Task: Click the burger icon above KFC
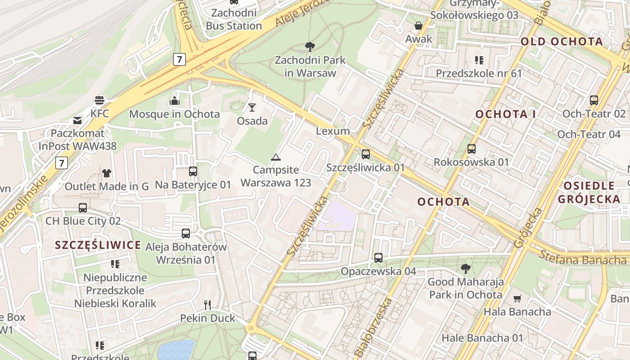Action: pos(99,100)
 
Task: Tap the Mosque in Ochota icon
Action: pos(175,101)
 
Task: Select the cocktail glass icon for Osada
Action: pos(252,107)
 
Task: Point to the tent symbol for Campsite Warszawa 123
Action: pos(275,157)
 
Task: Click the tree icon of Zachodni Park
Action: pos(310,46)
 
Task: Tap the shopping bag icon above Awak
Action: pos(418,25)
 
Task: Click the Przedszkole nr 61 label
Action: pos(479,73)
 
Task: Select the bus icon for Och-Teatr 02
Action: pos(594,100)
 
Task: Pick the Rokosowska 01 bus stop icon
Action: pos(471,148)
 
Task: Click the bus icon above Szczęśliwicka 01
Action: pos(365,154)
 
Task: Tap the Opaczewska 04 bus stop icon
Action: pos(378,258)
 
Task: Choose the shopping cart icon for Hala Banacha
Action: pos(517,298)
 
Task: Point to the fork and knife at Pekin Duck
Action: pos(207,305)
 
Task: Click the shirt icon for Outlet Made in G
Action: pos(107,173)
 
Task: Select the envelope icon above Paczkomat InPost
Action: pos(77,120)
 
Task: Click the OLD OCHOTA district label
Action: pos(562,42)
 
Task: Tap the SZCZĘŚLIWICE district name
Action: pos(98,245)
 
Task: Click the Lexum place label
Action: pos(333,131)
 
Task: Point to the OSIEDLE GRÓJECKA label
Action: pos(589,192)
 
